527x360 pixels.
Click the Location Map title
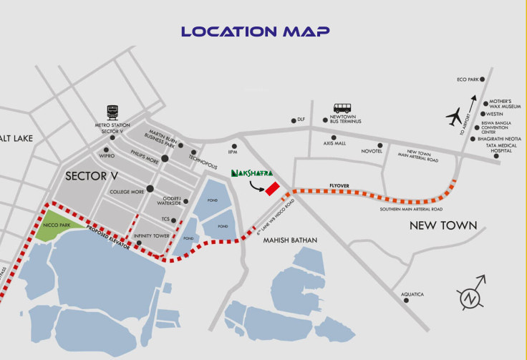[x=255, y=31]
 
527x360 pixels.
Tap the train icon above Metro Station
[x=112, y=112]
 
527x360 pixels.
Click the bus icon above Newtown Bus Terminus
[x=342, y=109]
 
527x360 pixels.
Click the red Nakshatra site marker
[x=272, y=188]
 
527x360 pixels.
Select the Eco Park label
[x=467, y=79]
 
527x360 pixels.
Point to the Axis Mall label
[x=334, y=143]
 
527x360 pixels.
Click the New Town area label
[x=443, y=225]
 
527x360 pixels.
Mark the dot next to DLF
[x=292, y=121]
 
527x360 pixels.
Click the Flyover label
[x=339, y=185]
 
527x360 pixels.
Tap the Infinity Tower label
[x=151, y=235]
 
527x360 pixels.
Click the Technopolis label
[x=202, y=156]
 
